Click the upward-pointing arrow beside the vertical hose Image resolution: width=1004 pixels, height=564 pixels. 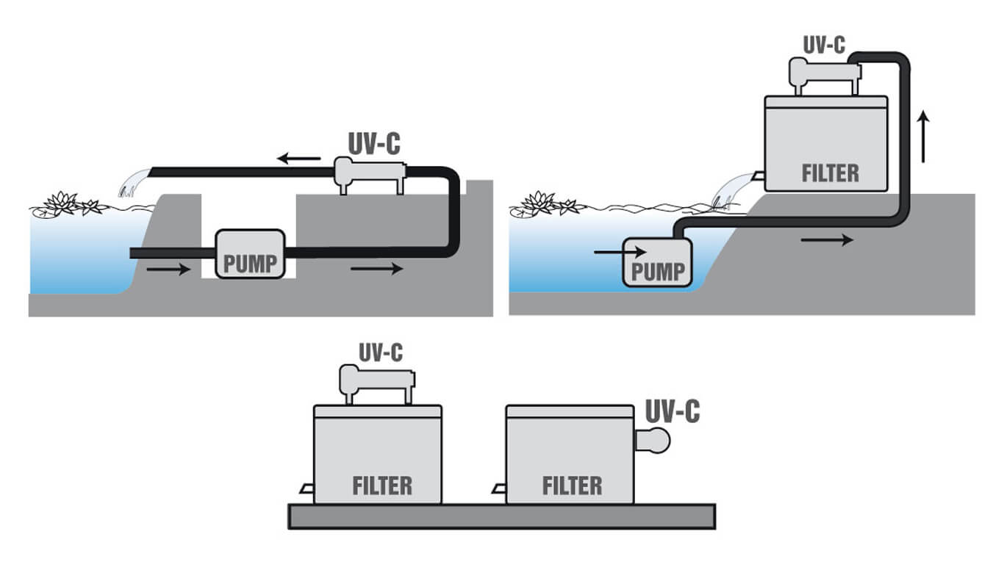point(923,137)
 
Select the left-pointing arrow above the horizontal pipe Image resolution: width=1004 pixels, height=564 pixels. point(299,158)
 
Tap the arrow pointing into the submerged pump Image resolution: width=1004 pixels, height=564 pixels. point(620,252)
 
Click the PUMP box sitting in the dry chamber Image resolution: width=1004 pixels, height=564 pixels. point(250,254)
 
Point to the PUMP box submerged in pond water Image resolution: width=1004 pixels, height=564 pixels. point(658,263)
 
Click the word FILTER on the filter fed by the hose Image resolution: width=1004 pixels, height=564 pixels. point(830,174)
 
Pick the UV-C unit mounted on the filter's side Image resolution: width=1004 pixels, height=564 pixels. point(653,441)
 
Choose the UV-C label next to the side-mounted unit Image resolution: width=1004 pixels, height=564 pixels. point(673,412)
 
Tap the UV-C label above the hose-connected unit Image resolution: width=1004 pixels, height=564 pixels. point(824,46)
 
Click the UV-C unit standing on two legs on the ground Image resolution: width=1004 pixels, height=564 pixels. point(370,175)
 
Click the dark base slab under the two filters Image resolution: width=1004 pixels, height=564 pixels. point(501,516)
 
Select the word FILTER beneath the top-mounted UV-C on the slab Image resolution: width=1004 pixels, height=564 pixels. point(382,486)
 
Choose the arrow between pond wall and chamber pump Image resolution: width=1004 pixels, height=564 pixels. point(168,270)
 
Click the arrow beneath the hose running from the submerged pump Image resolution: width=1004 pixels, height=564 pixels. point(827,240)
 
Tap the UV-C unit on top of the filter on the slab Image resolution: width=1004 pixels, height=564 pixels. point(376,384)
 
